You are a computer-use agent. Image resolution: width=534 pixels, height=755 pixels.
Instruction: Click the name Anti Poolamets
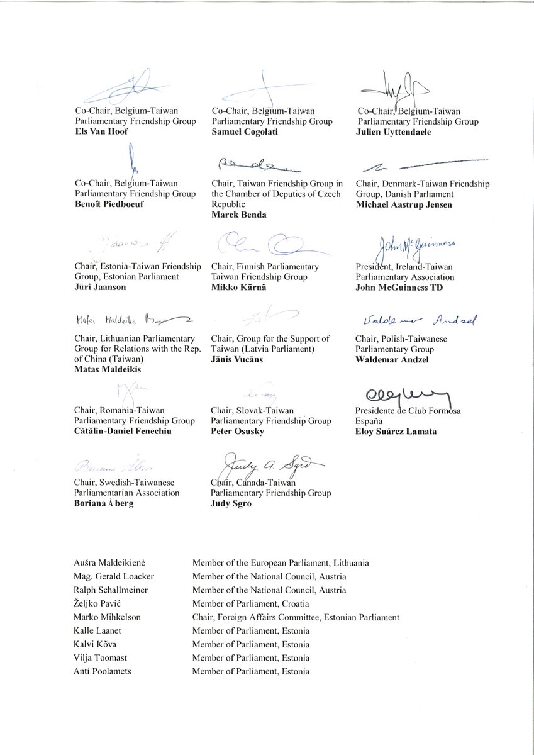(104, 671)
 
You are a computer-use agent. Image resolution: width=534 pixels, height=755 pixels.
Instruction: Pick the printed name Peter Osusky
(236, 432)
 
